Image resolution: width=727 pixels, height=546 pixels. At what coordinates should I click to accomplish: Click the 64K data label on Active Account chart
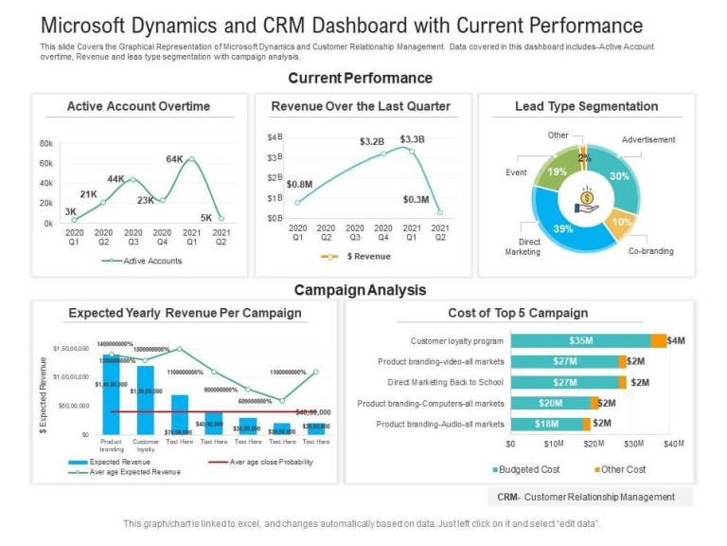[x=174, y=159]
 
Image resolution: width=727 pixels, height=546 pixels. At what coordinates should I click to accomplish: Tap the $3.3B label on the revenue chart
[x=413, y=139]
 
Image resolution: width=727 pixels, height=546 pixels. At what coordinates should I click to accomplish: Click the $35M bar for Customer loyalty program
[x=579, y=340]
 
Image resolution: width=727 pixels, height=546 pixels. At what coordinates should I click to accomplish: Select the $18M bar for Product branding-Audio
[x=547, y=424]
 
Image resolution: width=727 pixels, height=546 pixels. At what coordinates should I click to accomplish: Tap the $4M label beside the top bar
[x=676, y=340]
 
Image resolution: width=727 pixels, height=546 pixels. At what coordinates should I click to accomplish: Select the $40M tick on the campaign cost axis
[x=672, y=444]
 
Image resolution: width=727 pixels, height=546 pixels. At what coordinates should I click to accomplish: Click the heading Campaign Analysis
[x=360, y=290]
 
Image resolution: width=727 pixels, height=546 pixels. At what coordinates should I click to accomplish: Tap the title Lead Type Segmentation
[x=586, y=106]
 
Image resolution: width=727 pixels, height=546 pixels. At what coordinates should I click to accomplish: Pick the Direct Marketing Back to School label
[x=445, y=382]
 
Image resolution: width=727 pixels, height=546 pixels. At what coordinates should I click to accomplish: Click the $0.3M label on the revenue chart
[x=416, y=200]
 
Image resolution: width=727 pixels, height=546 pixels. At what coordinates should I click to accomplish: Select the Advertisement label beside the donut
[x=648, y=140]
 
